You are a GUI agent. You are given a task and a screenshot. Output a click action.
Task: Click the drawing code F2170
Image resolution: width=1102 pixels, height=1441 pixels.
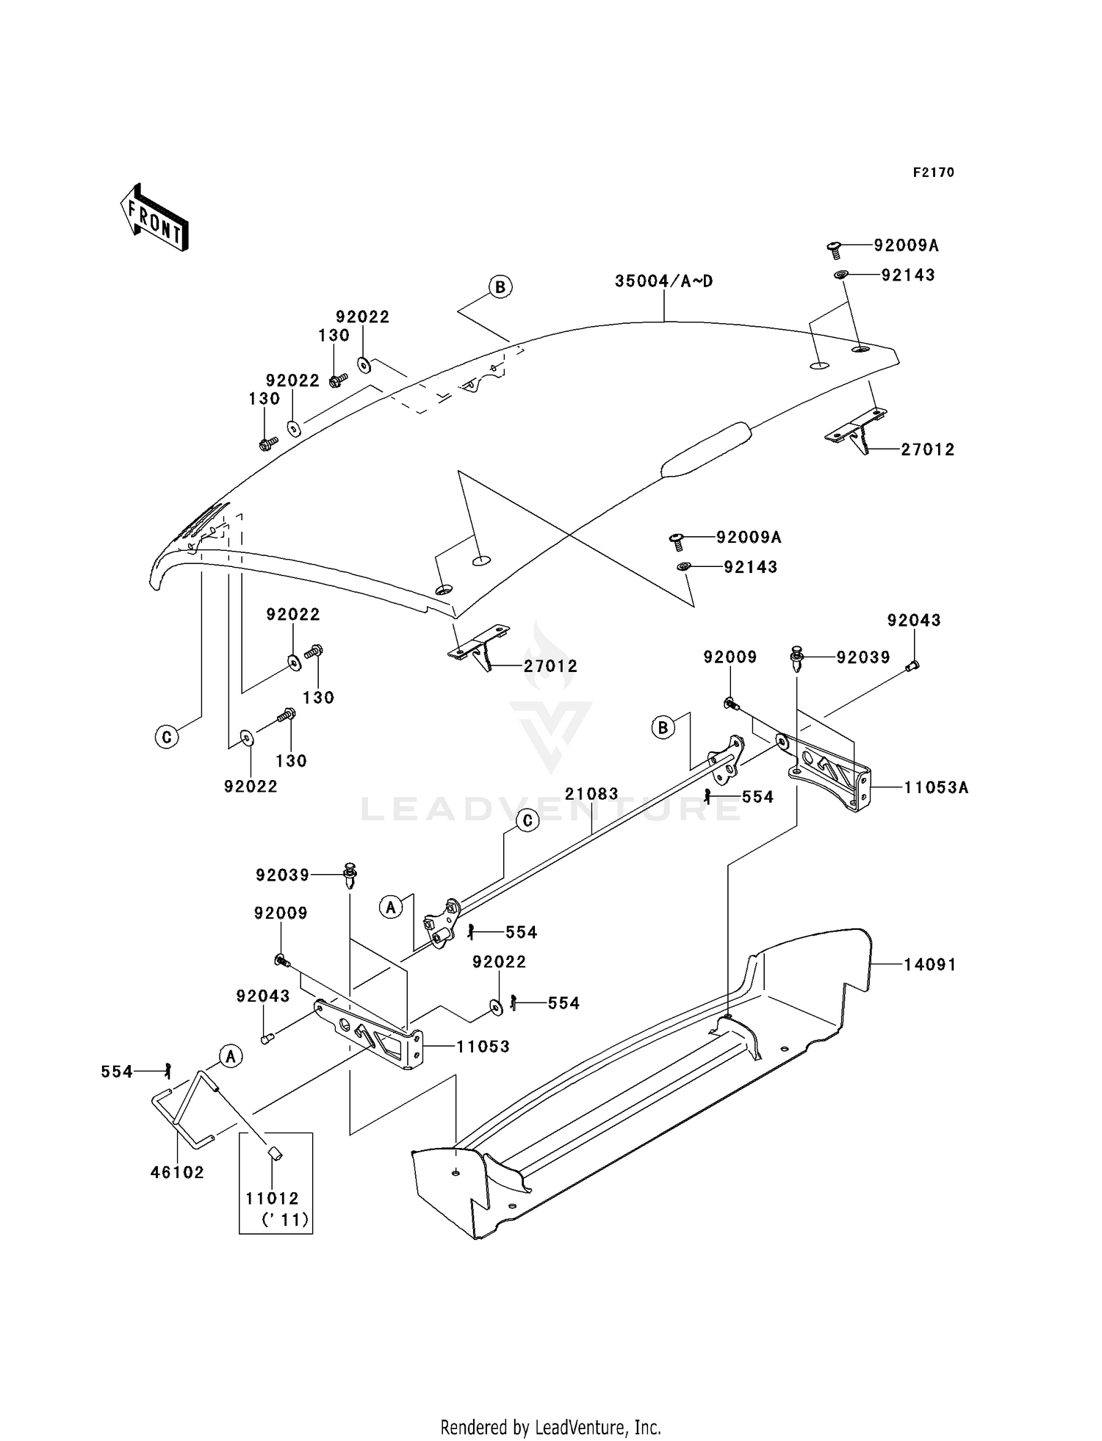(x=933, y=173)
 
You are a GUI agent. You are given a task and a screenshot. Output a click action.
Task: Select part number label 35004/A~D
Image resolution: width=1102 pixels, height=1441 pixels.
(x=663, y=281)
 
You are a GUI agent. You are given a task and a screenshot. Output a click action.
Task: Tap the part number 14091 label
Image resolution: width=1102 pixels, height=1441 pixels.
(x=929, y=964)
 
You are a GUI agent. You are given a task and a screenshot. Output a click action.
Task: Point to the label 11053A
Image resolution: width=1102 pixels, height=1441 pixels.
(x=935, y=788)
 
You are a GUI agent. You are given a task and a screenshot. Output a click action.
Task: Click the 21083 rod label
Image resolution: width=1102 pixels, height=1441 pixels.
(x=591, y=794)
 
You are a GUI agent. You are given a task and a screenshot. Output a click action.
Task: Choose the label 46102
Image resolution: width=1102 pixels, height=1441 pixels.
(x=177, y=1172)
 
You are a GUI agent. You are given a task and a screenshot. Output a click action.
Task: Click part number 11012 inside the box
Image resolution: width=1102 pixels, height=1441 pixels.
(x=272, y=1199)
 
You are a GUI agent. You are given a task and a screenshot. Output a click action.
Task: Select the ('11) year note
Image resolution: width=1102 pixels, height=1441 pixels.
(x=285, y=1221)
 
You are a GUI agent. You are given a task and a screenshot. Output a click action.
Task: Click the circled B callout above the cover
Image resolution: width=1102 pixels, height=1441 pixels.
(x=500, y=287)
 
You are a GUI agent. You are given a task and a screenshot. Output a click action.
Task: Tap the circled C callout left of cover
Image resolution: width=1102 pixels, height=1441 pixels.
(x=167, y=736)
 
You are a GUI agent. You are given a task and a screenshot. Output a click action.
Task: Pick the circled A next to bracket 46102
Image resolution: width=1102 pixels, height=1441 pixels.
(x=231, y=1057)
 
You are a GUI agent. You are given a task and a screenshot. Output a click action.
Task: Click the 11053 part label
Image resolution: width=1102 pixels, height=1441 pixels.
(x=483, y=1047)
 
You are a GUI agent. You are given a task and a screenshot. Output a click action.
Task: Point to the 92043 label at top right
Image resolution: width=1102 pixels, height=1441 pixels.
(x=913, y=621)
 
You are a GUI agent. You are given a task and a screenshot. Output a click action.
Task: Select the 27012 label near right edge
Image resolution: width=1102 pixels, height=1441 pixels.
(x=927, y=449)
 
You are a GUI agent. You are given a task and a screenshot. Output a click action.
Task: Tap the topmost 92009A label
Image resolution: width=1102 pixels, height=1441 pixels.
(x=906, y=245)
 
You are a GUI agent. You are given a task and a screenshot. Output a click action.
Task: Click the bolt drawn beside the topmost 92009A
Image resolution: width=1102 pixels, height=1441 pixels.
(x=834, y=249)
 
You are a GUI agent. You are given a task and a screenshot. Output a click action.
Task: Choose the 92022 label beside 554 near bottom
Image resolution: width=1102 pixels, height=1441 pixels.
(x=499, y=962)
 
